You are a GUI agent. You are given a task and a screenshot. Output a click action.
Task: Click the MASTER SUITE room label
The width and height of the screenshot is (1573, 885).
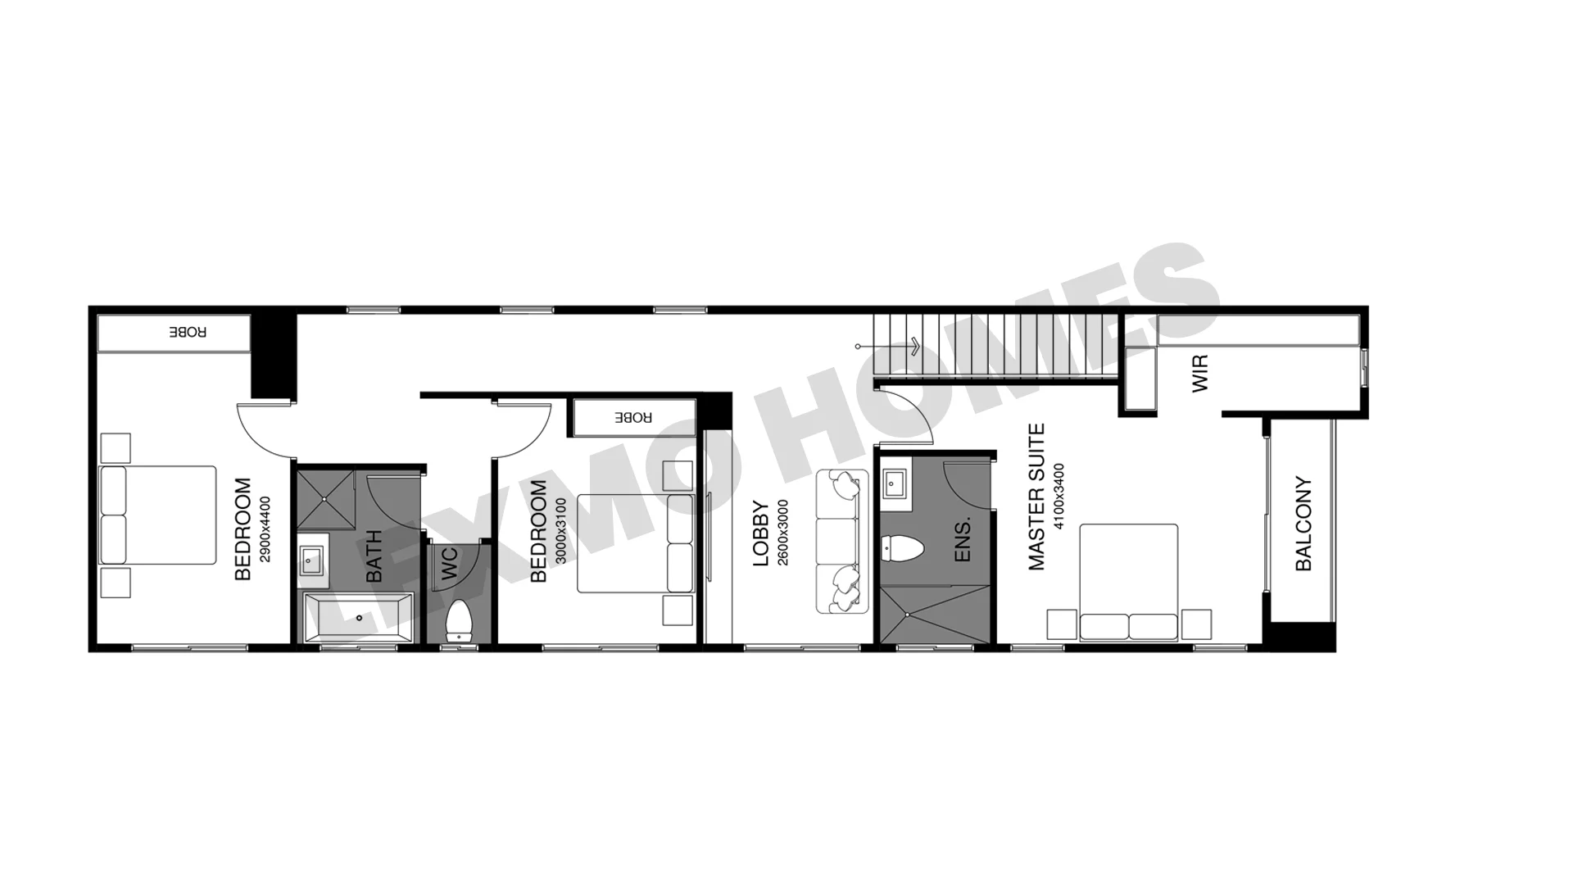(1036, 497)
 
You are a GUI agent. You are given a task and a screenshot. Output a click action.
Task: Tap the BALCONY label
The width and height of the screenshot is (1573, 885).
(1303, 524)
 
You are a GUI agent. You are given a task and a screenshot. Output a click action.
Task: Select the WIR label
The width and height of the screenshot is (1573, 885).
(1199, 373)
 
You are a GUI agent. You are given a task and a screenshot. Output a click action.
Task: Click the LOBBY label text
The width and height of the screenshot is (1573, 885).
(761, 533)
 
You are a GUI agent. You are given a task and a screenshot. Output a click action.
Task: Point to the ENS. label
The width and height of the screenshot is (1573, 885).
(963, 539)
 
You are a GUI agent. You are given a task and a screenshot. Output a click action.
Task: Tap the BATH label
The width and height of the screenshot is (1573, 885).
(373, 556)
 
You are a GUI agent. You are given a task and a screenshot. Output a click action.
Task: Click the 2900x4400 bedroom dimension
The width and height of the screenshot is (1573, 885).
(265, 529)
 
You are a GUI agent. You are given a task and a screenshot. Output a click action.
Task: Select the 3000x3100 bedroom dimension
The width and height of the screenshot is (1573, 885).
(561, 531)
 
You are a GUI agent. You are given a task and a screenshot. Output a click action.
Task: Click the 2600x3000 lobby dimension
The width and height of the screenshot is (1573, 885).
(782, 533)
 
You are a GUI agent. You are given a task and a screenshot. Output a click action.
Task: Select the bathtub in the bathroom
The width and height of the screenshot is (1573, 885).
(358, 618)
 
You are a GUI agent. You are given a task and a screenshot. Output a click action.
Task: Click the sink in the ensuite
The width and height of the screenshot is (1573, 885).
(893, 484)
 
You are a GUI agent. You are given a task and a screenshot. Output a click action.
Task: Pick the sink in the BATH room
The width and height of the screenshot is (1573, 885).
(313, 561)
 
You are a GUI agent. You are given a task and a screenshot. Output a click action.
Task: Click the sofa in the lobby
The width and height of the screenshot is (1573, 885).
(842, 542)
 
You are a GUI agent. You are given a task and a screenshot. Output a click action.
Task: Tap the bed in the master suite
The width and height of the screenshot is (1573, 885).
(1129, 582)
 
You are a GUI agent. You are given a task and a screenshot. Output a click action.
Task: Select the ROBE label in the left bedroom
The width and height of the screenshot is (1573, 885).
(188, 332)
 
